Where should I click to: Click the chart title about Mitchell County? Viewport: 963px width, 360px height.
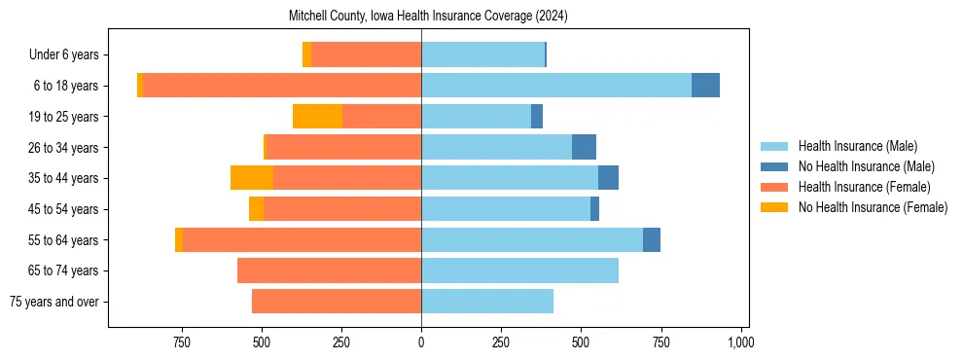pyautogui.click(x=428, y=17)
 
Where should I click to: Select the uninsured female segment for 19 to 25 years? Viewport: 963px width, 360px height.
pyautogui.click(x=317, y=117)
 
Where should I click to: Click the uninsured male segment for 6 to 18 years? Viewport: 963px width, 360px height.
pyautogui.click(x=705, y=86)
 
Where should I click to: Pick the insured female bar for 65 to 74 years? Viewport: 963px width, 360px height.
pyautogui.click(x=329, y=270)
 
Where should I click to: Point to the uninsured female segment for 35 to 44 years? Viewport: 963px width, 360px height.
pyautogui.click(x=252, y=178)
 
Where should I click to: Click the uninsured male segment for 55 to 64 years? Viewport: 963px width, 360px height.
pyautogui.click(x=652, y=239)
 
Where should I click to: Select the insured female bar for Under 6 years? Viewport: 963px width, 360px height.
pyautogui.click(x=366, y=54)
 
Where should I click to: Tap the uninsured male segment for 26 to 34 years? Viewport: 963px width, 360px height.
pyautogui.click(x=584, y=147)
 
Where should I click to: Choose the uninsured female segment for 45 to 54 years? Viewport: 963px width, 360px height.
pyautogui.click(x=256, y=209)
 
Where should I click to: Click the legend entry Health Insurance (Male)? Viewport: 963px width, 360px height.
pyautogui.click(x=857, y=146)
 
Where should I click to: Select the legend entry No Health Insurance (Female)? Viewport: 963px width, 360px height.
pyautogui.click(x=873, y=207)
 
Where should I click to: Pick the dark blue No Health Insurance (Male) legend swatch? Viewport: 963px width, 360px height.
pyautogui.click(x=775, y=166)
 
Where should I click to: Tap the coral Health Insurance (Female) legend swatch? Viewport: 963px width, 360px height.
pyautogui.click(x=775, y=187)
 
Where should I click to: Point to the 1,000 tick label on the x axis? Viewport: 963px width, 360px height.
pyautogui.click(x=741, y=342)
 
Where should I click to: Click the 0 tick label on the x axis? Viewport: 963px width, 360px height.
pyautogui.click(x=421, y=342)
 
